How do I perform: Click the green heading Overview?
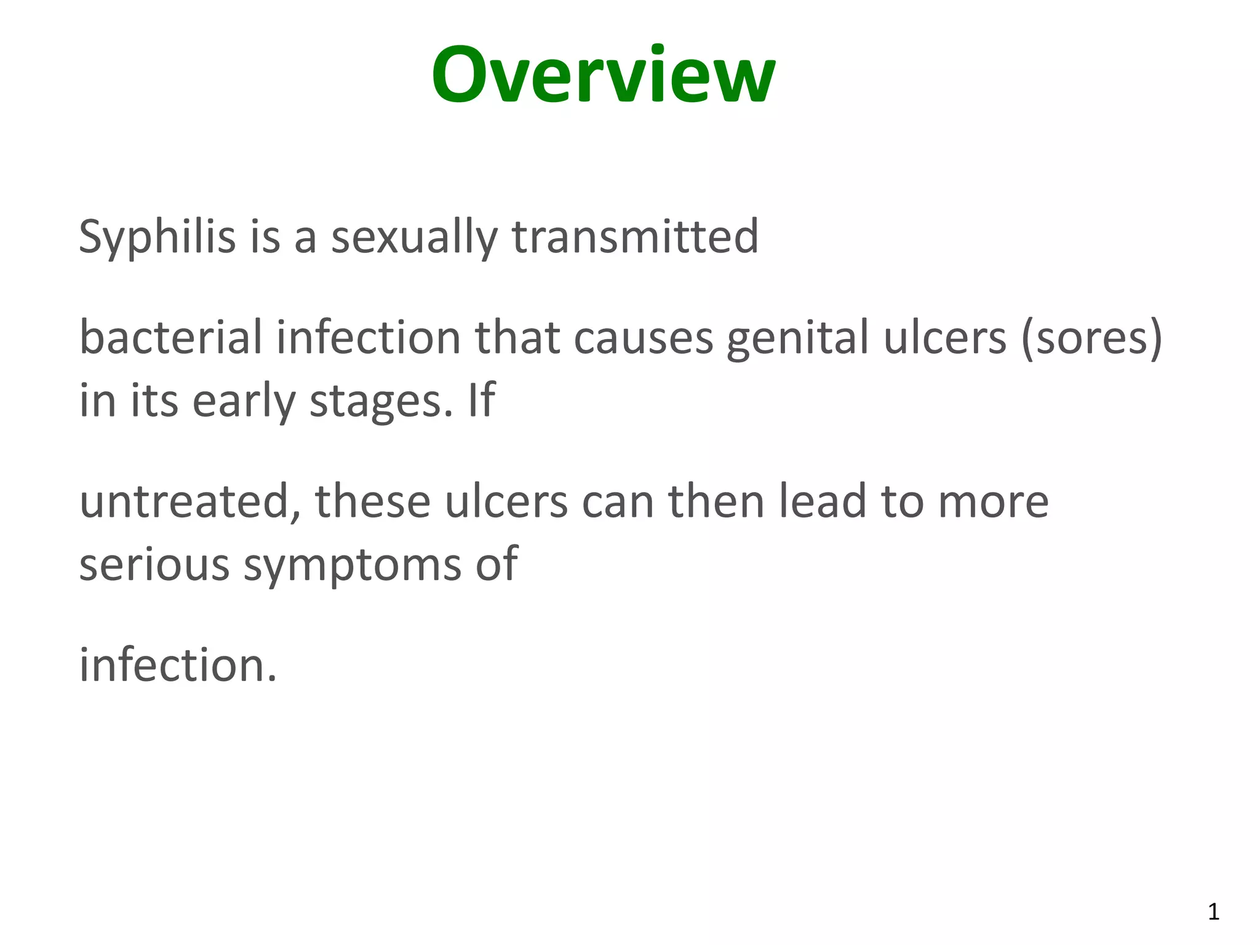(x=603, y=76)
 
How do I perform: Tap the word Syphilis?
(x=157, y=237)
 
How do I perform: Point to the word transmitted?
(x=636, y=237)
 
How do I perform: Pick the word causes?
(x=643, y=338)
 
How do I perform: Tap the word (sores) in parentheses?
(x=1091, y=338)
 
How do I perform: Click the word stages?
(x=381, y=401)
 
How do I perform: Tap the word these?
(x=373, y=501)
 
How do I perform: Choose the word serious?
(x=154, y=564)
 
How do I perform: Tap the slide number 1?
(x=1213, y=912)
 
